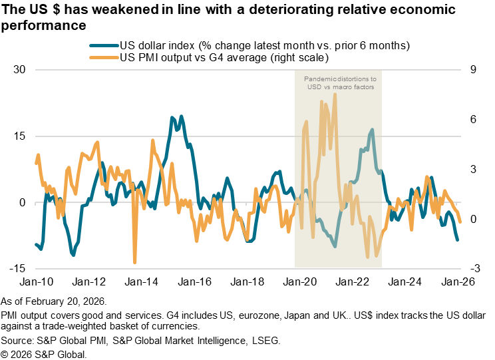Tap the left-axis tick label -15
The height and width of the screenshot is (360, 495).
20,268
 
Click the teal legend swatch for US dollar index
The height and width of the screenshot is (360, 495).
104,46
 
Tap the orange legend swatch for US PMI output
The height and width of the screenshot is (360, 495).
104,58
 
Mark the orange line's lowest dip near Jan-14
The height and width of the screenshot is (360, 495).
135,262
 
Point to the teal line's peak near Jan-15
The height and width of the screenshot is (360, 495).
173,118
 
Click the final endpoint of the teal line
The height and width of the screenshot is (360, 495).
457,240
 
